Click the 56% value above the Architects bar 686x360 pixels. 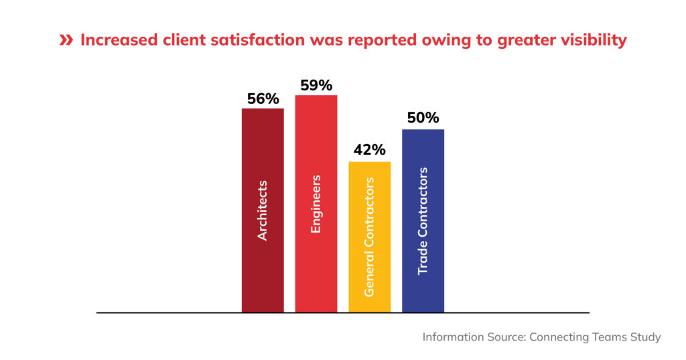(263, 99)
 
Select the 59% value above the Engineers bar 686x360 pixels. (316, 86)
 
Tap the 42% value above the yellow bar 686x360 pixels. (369, 149)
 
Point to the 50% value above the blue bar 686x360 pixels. (423, 118)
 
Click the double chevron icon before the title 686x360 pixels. (66, 40)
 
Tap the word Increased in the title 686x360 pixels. (118, 40)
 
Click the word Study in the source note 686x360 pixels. (644, 337)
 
